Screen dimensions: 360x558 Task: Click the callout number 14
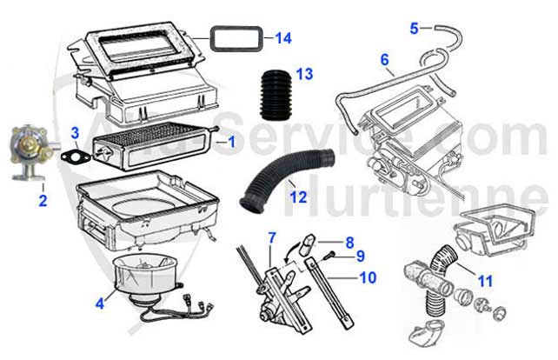point(283,38)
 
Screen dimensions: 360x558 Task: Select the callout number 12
point(298,197)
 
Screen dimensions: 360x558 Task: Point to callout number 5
point(415,28)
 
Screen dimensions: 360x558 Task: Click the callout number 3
point(76,133)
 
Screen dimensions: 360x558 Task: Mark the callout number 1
point(231,140)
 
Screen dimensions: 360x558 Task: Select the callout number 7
point(272,237)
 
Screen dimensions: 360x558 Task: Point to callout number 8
point(349,243)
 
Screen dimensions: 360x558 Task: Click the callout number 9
point(360,257)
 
